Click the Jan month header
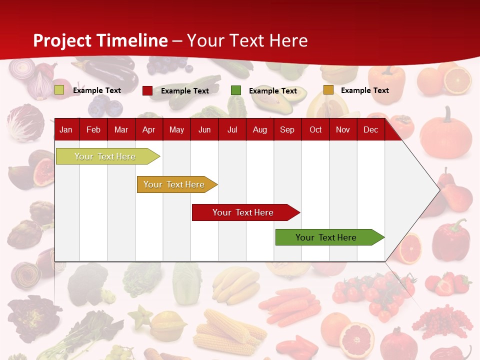(x=66, y=130)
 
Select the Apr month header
(x=148, y=130)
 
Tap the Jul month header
(x=232, y=130)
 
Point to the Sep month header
(x=287, y=130)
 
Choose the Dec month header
(x=370, y=130)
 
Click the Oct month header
(x=315, y=130)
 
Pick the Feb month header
(x=93, y=130)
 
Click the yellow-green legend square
(x=59, y=90)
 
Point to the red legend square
(x=147, y=90)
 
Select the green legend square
(x=236, y=90)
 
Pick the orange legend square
(x=328, y=90)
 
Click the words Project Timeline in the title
(x=100, y=40)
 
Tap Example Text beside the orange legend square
(x=364, y=90)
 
